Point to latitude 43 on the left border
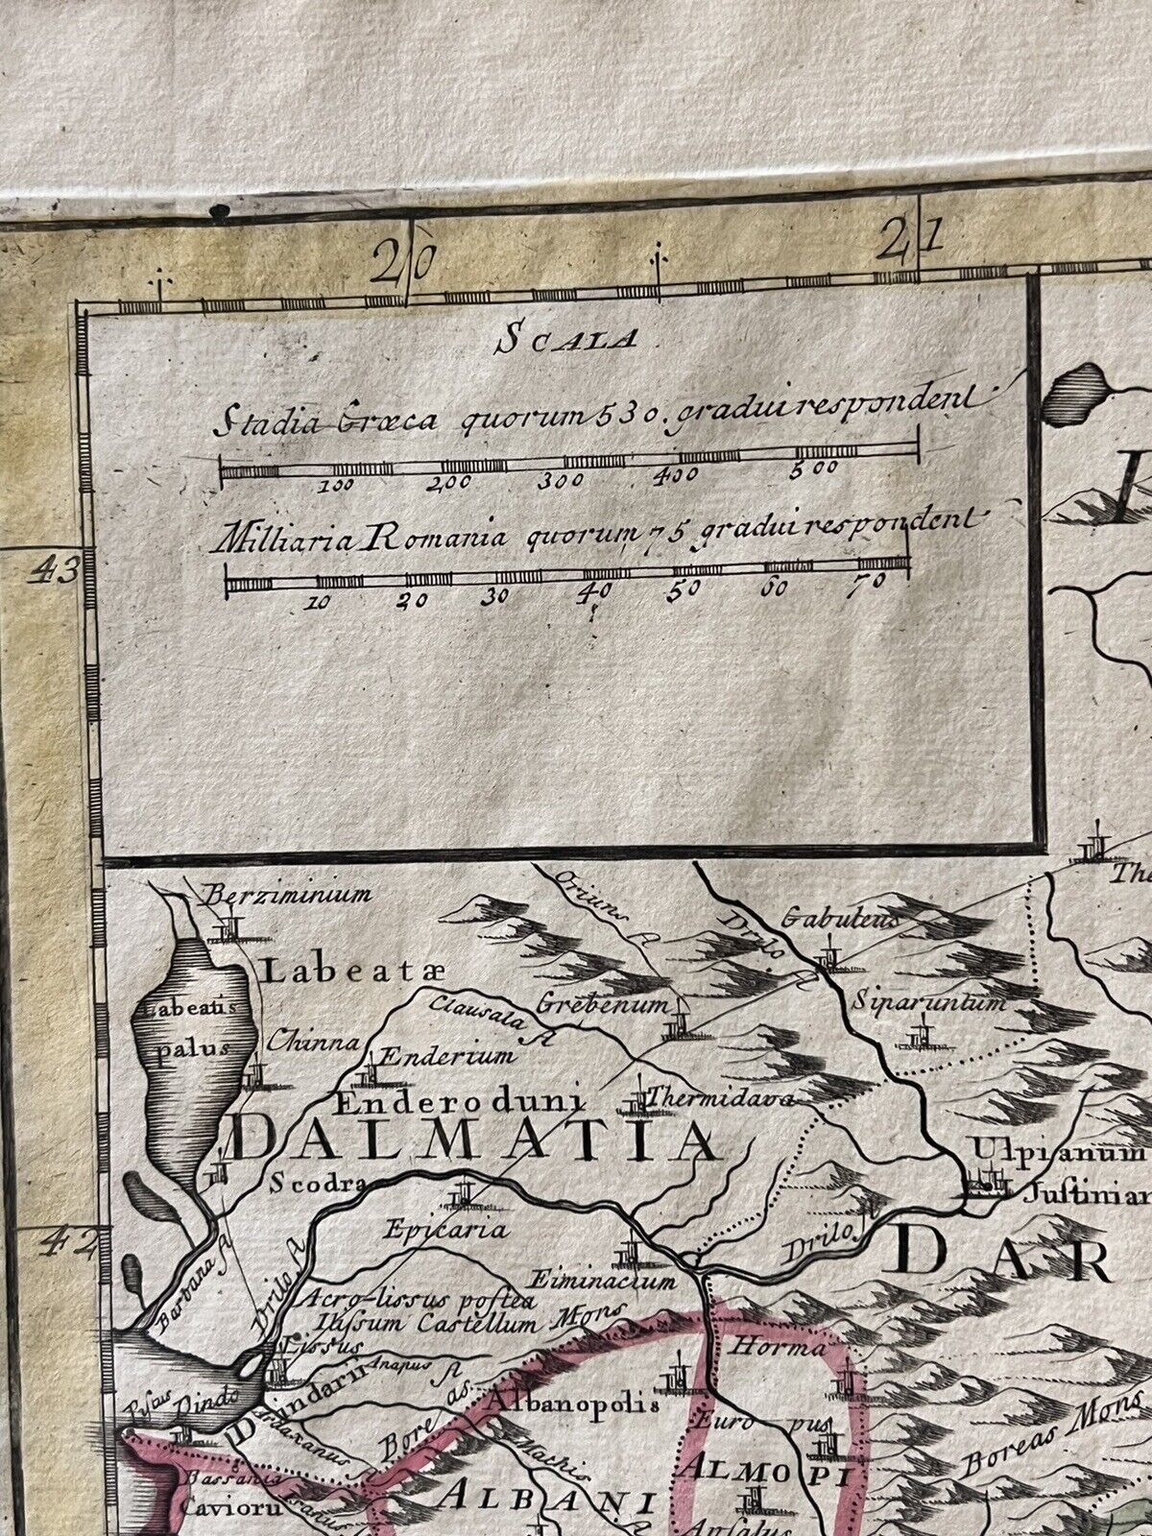coord(54,573)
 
